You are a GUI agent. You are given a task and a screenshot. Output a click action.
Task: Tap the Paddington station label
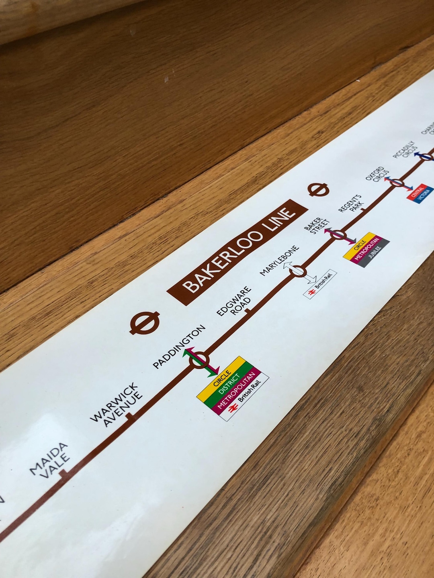tap(179, 346)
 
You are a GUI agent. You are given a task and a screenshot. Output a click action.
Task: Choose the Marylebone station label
tap(280, 260)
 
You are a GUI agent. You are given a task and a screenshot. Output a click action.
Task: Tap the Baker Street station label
tap(317, 227)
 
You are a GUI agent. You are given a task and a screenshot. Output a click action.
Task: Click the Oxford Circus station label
tap(377, 175)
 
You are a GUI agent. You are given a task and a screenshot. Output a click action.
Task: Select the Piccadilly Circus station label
tap(404, 150)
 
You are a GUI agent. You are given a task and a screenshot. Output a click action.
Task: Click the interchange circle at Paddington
tap(200, 360)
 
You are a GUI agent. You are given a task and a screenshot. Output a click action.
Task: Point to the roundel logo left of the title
tap(145, 322)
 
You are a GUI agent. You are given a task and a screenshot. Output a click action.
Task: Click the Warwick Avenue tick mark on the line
tap(131, 417)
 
